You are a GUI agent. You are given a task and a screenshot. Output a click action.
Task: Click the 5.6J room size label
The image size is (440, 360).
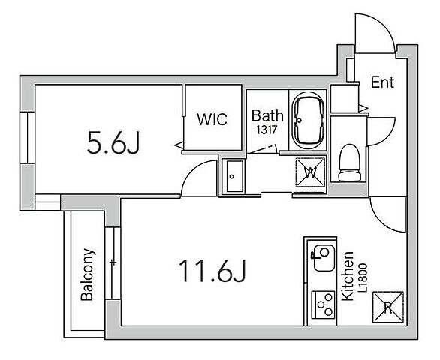113,143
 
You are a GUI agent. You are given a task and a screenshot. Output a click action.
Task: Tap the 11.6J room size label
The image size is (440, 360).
212,271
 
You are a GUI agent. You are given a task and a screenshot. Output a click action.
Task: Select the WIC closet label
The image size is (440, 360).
212,119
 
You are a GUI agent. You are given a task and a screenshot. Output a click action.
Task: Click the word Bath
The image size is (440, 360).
267,115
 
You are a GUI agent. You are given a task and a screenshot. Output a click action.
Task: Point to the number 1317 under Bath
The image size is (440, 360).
267,130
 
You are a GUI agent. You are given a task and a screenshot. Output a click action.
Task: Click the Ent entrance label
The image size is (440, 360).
382,82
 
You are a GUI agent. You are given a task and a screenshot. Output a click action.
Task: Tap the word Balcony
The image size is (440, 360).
87,274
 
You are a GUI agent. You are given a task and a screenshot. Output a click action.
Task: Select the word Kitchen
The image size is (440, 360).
347,276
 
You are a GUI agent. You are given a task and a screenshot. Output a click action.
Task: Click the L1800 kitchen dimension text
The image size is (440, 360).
363,277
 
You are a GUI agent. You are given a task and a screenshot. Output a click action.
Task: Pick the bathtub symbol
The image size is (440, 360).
308,121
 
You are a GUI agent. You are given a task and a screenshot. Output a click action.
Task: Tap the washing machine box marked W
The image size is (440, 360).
310,172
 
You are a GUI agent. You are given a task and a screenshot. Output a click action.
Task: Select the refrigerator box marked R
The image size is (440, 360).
387,307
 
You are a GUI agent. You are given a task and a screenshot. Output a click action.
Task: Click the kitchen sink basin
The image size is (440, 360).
324,258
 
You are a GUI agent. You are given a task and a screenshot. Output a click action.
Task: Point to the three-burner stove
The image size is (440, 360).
324,304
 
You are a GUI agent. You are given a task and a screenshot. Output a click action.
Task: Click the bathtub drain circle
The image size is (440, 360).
299,121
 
